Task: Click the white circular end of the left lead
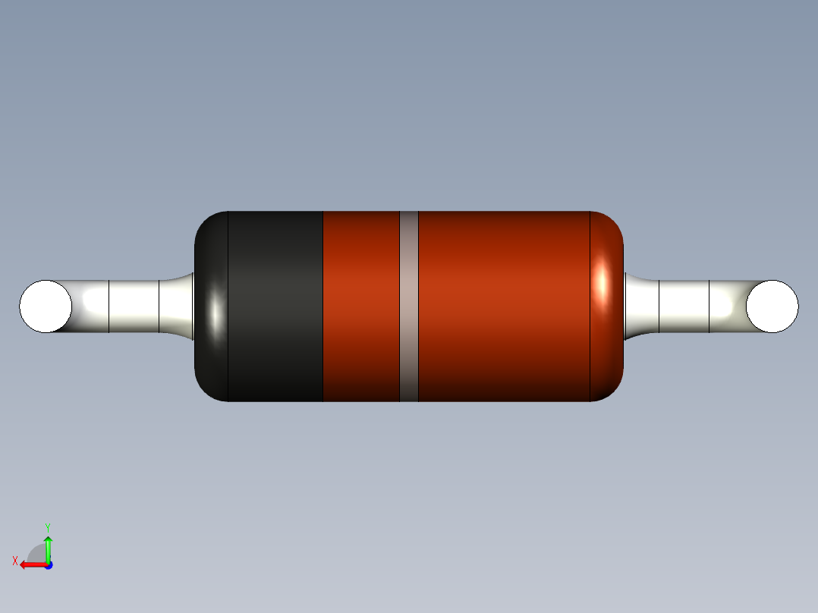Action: [x=46, y=306]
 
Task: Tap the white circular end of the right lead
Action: [x=772, y=306]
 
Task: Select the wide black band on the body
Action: [x=275, y=306]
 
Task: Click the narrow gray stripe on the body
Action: [x=409, y=306]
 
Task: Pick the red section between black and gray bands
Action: [x=361, y=306]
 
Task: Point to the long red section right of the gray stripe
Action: [x=504, y=306]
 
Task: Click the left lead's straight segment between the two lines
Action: [x=134, y=306]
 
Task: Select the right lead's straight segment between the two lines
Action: [x=684, y=306]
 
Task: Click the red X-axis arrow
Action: [x=30, y=564]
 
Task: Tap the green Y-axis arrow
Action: [x=48, y=548]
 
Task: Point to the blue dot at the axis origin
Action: [x=48, y=564]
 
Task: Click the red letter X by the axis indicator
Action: [x=15, y=561]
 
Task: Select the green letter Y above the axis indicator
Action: [x=47, y=527]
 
